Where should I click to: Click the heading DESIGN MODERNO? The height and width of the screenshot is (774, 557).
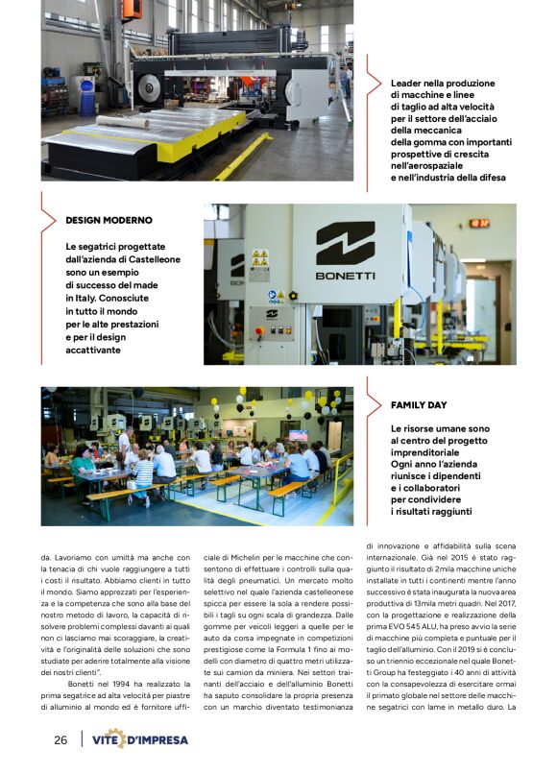109,220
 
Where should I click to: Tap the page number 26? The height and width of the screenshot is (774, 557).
61,740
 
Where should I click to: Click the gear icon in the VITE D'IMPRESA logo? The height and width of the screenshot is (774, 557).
115,738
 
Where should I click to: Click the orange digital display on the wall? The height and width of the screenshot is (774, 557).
479,223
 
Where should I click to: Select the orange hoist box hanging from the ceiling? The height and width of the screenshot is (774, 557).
132,9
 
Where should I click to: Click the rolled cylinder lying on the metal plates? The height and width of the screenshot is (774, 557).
123,122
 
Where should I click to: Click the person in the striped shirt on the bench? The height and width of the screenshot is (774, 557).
143,472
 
